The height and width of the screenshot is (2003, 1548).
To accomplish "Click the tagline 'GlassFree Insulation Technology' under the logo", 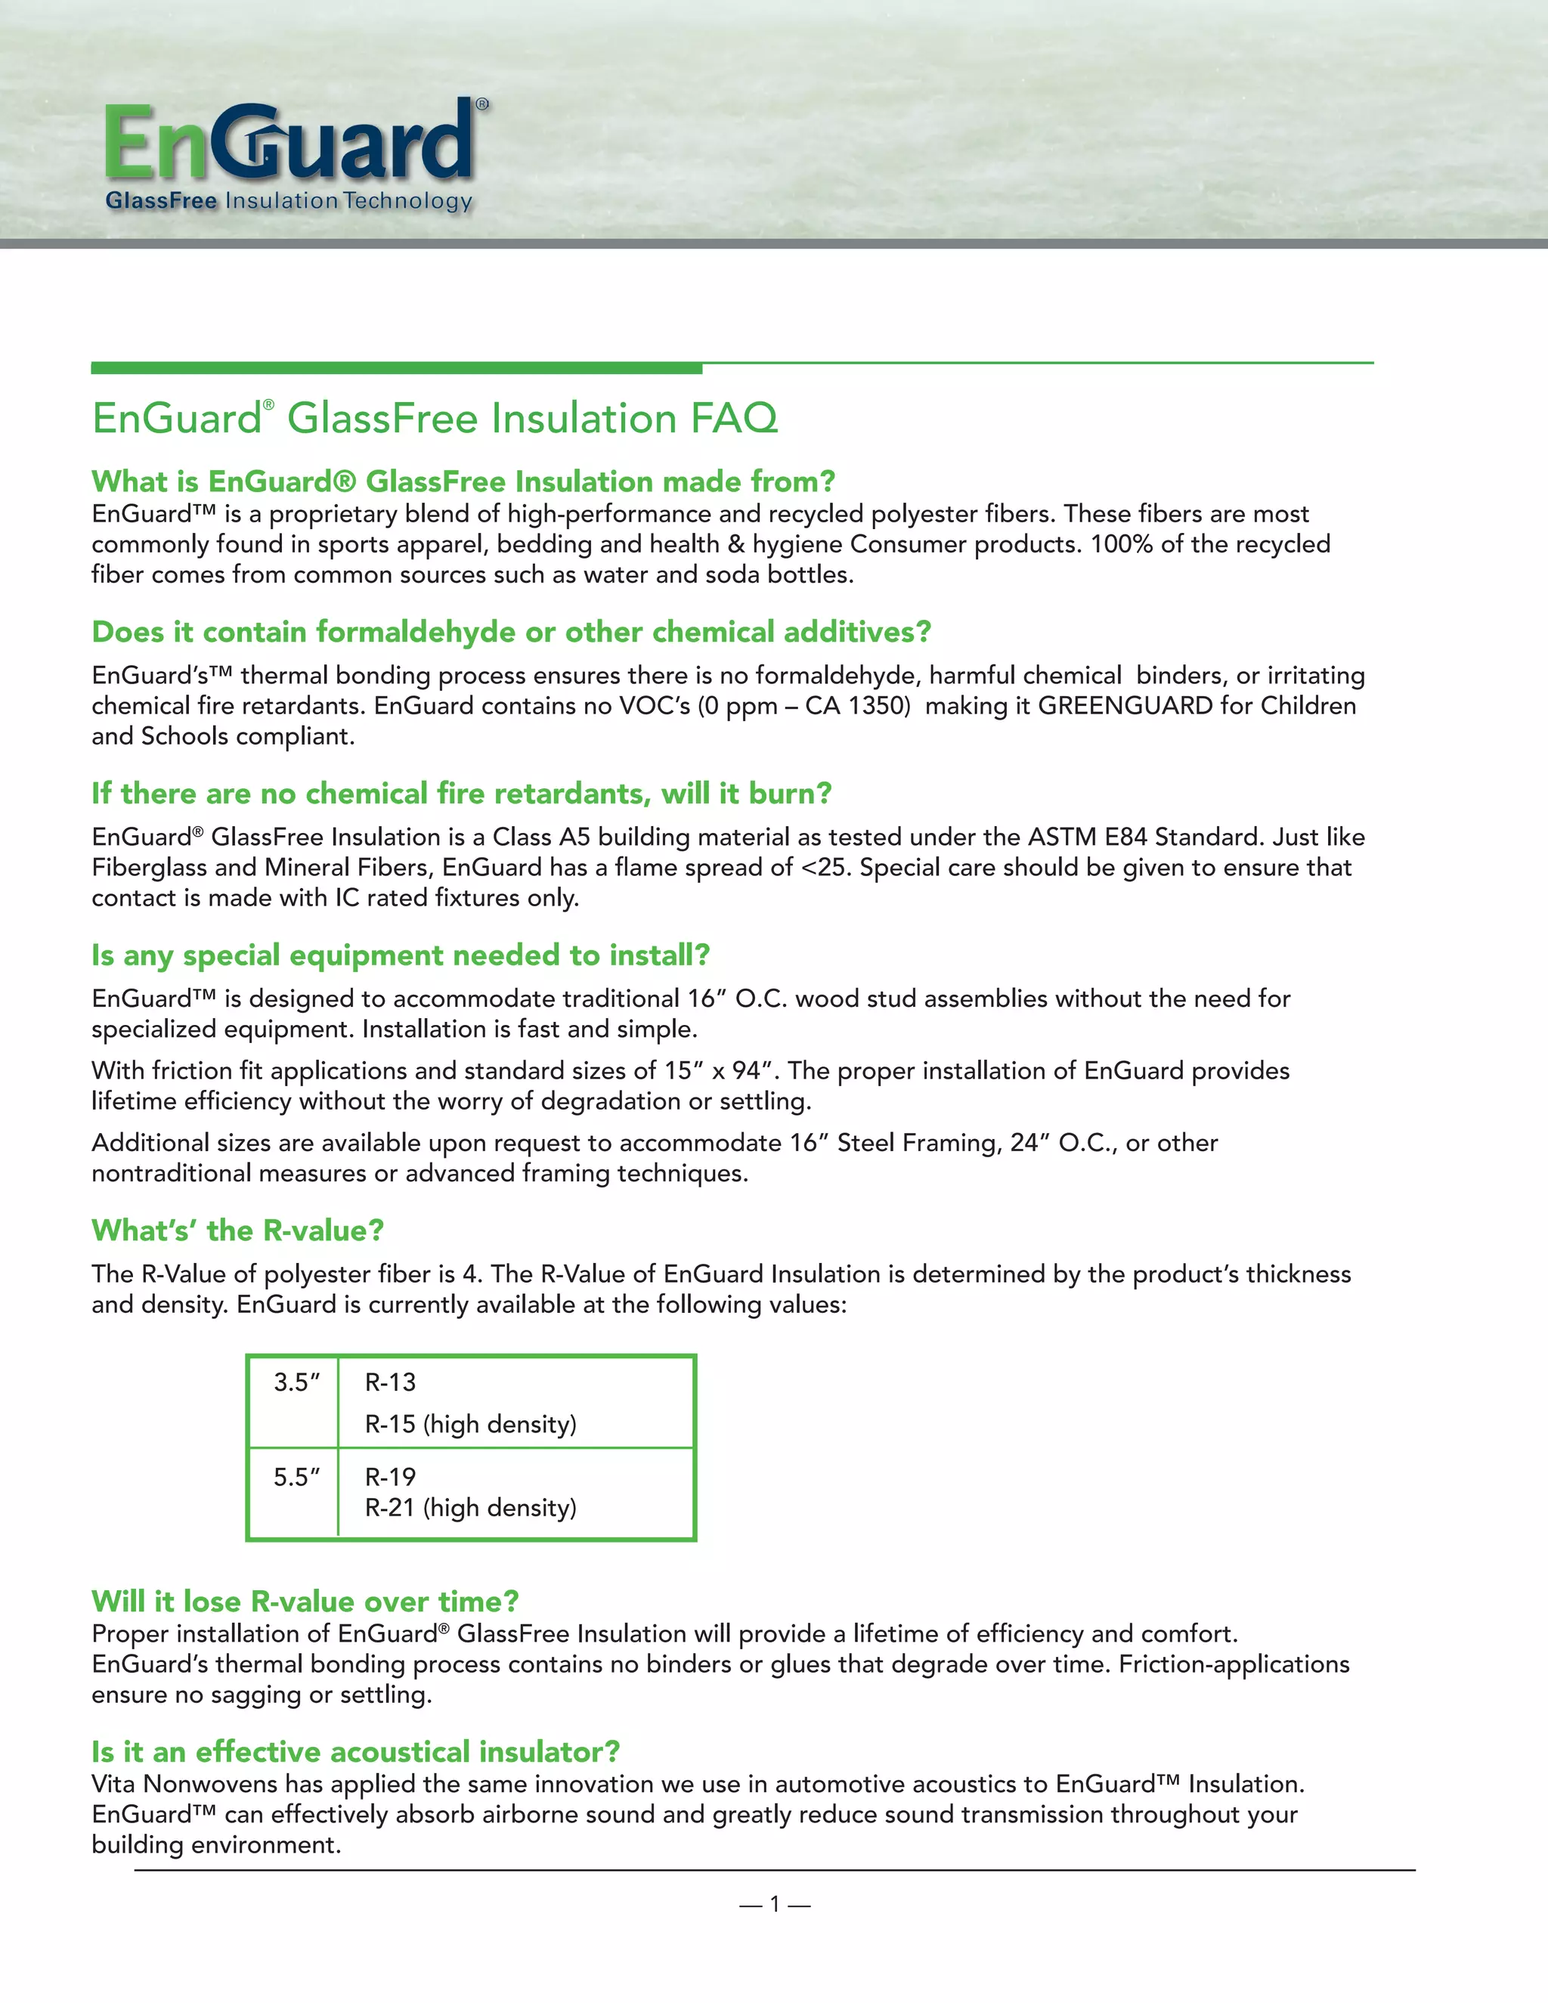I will tap(289, 201).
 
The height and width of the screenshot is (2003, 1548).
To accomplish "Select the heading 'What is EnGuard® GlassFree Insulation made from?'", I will tap(463, 481).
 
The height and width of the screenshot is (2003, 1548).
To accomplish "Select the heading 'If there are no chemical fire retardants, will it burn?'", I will tap(461, 794).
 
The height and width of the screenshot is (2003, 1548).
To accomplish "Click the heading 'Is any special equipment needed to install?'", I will tap(401, 955).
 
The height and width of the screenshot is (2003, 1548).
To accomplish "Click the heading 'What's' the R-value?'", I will tap(237, 1231).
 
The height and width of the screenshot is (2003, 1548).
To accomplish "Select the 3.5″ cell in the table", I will tap(296, 1382).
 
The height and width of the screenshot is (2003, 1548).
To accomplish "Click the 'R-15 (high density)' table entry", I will tap(470, 1424).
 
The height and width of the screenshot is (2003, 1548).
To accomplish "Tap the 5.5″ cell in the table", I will tap(296, 1478).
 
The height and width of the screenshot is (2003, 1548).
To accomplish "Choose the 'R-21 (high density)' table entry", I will tap(470, 1508).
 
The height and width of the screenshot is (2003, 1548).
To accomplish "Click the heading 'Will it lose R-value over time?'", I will tap(305, 1602).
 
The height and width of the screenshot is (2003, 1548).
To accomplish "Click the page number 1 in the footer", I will tap(774, 1905).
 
